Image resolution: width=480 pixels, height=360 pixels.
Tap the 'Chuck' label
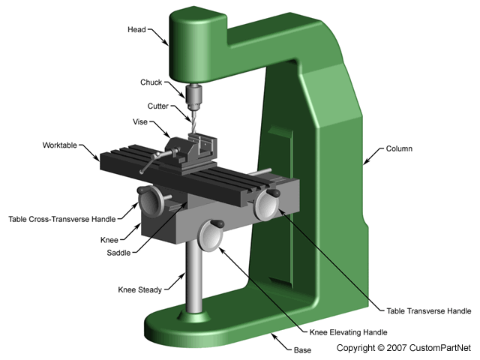[x=151, y=82]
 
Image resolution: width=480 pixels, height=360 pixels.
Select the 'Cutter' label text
[x=158, y=106]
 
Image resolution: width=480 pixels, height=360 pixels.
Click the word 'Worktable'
[x=66, y=144]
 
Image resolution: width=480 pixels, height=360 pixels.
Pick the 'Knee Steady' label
[x=138, y=289]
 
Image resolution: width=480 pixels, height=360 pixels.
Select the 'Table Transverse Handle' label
[x=429, y=310]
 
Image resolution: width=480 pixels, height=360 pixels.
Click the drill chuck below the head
[x=194, y=95]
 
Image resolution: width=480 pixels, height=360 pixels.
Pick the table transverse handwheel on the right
[x=265, y=204]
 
